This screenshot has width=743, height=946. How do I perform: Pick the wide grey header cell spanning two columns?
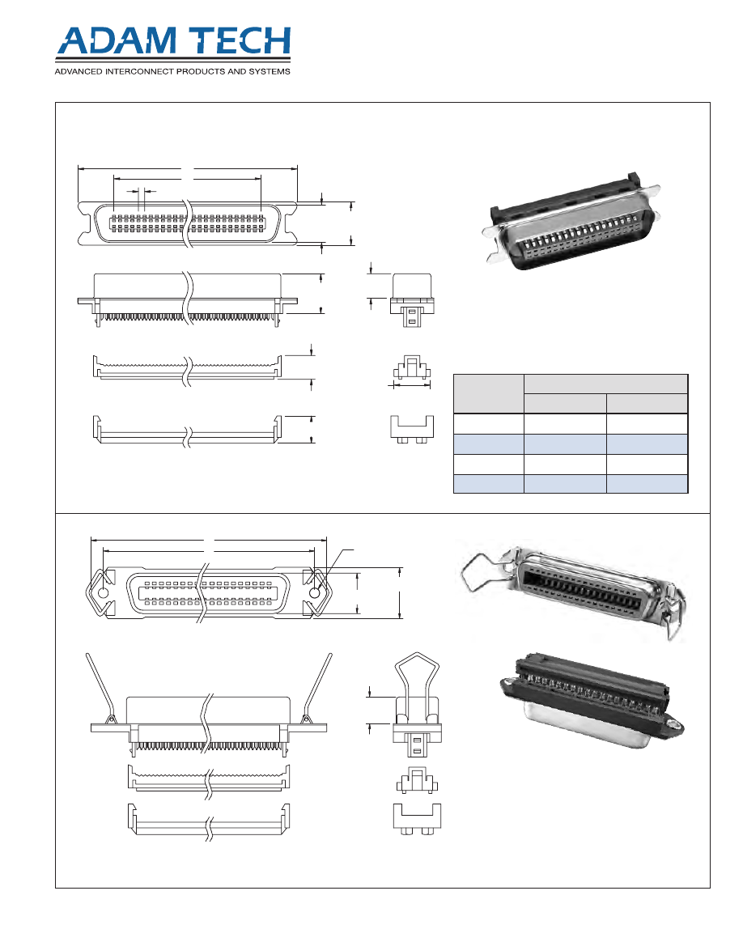(x=606, y=384)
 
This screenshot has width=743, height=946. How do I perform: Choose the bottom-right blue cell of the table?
(x=647, y=484)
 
